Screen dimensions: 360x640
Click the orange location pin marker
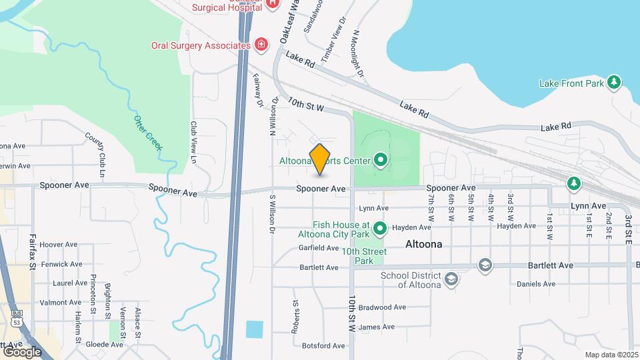pyautogui.click(x=320, y=159)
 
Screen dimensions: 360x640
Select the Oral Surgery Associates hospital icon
pyautogui.click(x=262, y=45)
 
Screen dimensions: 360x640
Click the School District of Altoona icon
pyautogui.click(x=451, y=279)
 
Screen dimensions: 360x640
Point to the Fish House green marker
pyautogui.click(x=381, y=229)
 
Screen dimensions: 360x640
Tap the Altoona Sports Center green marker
pyautogui.click(x=381, y=160)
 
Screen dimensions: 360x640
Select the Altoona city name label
pyautogui.click(x=423, y=245)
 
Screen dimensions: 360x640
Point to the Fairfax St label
pyautogui.click(x=32, y=250)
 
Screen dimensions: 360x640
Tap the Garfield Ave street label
pyautogui.click(x=319, y=248)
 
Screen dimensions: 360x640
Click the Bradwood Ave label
pyautogui.click(x=382, y=307)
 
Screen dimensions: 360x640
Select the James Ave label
pyautogui.click(x=377, y=327)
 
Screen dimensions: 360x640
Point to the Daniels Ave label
pyautogui.click(x=536, y=283)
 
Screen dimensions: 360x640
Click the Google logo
pyautogui.click(x=21, y=351)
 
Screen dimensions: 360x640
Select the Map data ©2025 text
pyautogui.click(x=611, y=355)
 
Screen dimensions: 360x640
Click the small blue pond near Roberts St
pyautogui.click(x=254, y=329)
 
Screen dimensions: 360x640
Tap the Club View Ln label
pyautogui.click(x=194, y=142)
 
